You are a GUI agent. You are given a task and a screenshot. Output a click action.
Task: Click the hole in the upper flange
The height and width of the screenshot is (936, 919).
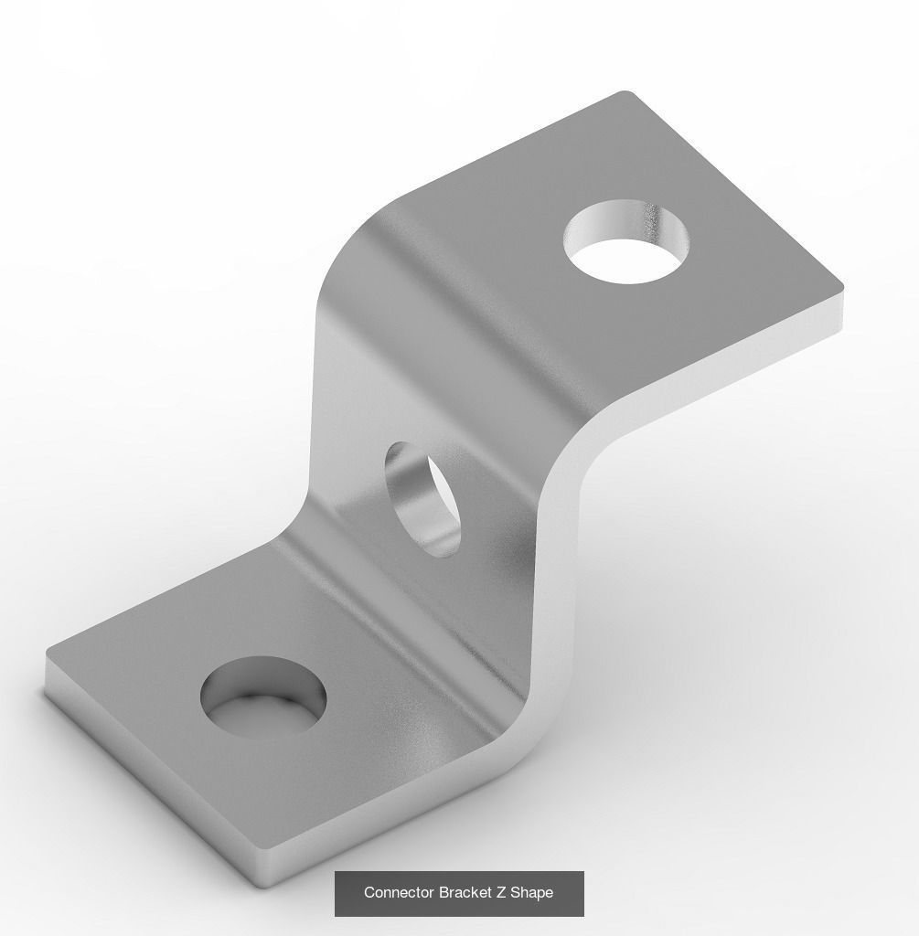pyautogui.click(x=625, y=242)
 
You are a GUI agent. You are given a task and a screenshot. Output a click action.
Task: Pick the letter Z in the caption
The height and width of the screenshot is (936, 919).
pyautogui.click(x=501, y=892)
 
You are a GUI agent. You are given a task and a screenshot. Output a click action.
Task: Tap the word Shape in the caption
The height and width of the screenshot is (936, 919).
pyautogui.click(x=532, y=892)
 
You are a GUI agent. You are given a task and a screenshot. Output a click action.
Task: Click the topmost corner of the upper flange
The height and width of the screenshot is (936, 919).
pyautogui.click(x=625, y=92)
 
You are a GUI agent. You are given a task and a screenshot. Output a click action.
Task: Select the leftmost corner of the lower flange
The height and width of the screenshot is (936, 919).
pyautogui.click(x=47, y=656)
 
